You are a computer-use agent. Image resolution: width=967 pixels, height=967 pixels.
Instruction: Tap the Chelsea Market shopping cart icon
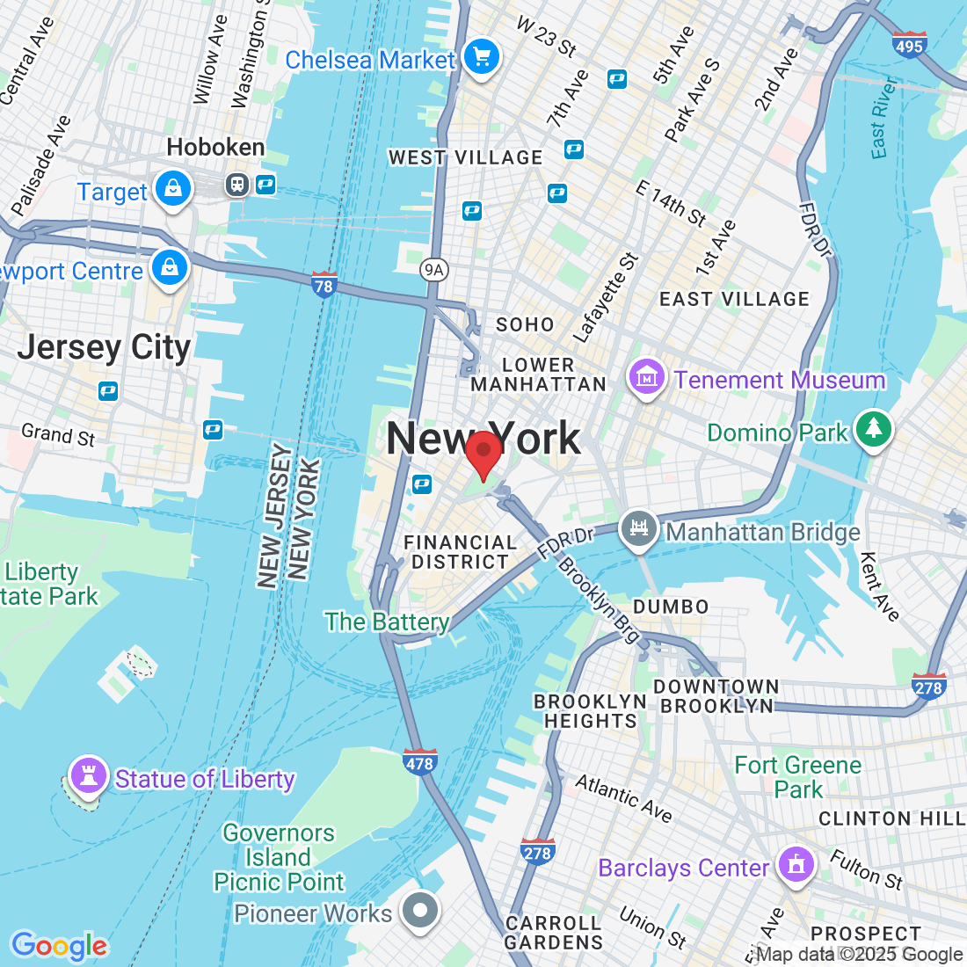481,58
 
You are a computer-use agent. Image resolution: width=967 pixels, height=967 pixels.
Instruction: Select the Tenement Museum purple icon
646,379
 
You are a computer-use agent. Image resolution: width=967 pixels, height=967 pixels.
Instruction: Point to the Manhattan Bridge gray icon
639,530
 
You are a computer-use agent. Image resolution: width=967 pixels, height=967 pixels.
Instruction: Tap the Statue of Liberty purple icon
88,777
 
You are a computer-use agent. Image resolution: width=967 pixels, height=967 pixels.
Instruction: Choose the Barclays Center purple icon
796,866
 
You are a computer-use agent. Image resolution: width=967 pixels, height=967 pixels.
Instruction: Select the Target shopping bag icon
173,190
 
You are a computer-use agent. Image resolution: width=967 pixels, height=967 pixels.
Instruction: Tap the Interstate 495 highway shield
908,45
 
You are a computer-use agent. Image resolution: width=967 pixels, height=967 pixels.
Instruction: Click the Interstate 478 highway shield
419,762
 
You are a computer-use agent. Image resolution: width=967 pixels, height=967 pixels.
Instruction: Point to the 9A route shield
433,269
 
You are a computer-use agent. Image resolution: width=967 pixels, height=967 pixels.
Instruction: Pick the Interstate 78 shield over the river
324,285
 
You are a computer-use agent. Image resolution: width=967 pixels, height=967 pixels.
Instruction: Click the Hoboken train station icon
237,184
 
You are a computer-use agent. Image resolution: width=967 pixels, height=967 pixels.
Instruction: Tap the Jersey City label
104,347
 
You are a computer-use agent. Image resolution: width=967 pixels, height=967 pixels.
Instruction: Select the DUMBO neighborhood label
671,607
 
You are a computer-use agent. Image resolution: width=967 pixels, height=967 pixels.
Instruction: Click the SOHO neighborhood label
525,324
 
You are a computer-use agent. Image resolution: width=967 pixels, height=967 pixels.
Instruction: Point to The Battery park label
387,622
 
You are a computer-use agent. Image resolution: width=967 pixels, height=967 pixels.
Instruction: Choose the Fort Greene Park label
798,777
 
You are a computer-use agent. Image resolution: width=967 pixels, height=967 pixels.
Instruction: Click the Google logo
59,946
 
